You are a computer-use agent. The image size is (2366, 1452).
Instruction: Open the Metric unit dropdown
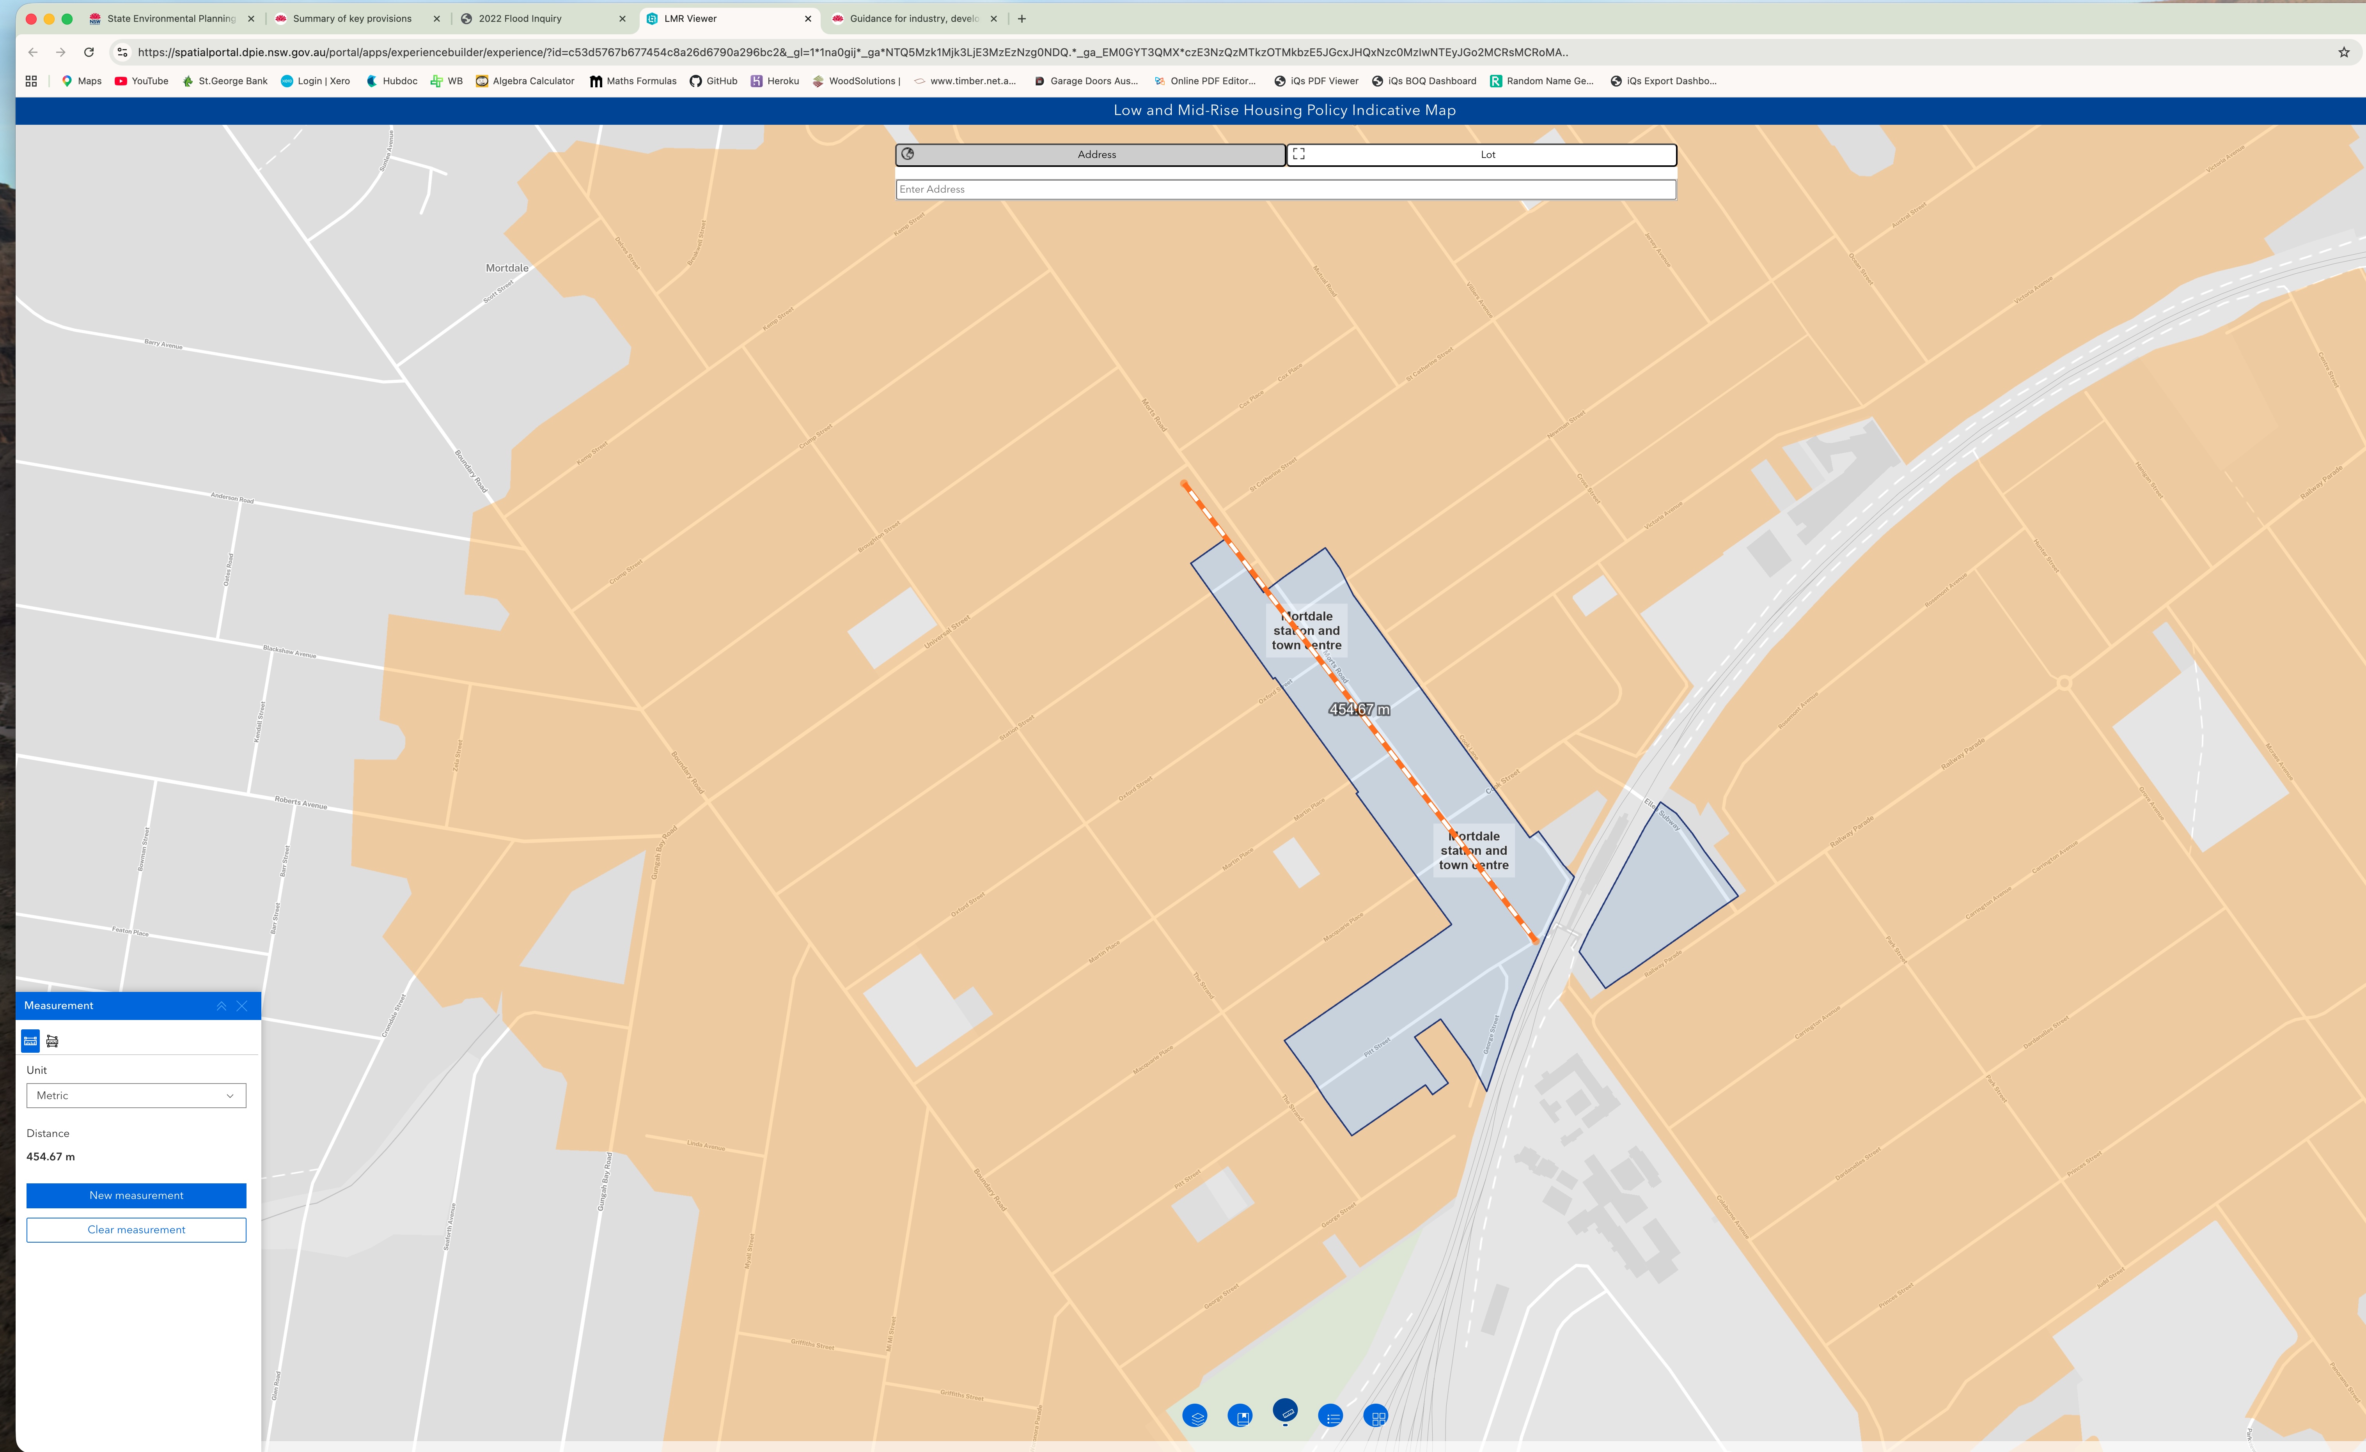click(x=137, y=1096)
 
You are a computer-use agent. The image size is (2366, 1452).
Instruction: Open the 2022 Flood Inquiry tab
click(x=520, y=18)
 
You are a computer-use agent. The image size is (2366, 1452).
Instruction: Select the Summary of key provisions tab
click(x=351, y=18)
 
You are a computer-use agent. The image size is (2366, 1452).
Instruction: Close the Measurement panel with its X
click(x=242, y=1006)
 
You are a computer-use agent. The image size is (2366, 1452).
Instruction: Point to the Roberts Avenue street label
click(x=301, y=802)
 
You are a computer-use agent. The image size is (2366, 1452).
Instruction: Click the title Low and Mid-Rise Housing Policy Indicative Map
click(x=1284, y=110)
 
